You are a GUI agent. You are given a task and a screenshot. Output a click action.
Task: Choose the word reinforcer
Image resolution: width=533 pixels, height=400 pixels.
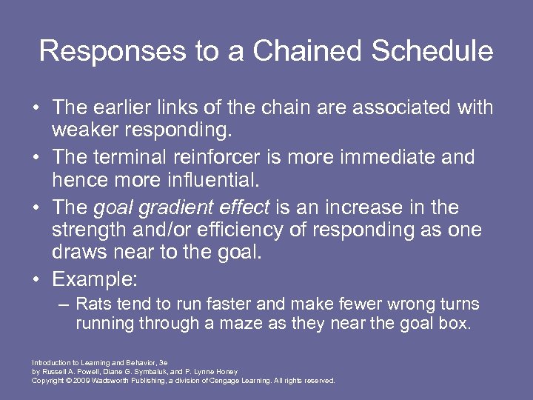[x=222, y=157]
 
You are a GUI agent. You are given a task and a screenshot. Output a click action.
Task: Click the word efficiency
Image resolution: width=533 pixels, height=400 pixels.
[x=232, y=230]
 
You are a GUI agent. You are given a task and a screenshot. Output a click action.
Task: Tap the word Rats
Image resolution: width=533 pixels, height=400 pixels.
[x=92, y=304]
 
